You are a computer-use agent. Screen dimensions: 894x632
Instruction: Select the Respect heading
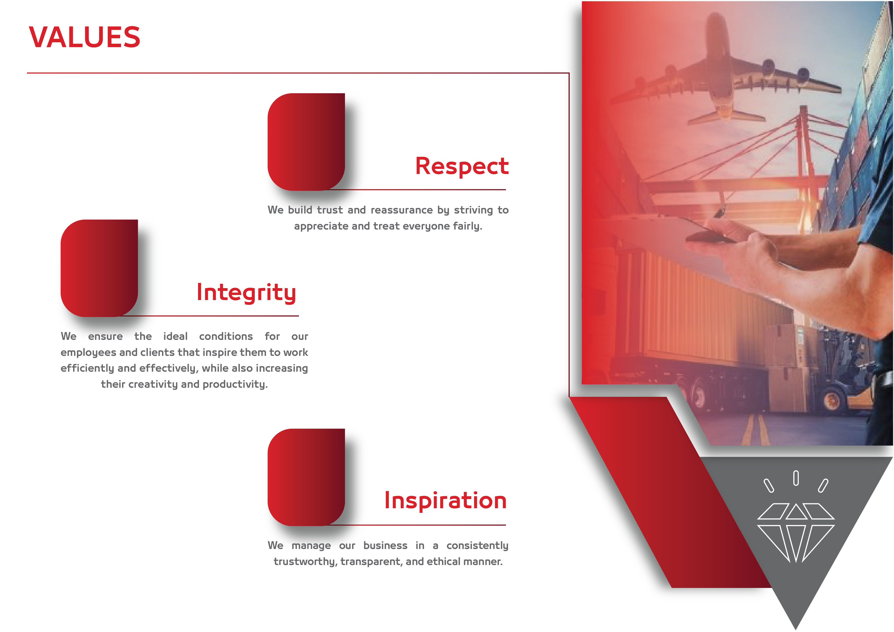(462, 167)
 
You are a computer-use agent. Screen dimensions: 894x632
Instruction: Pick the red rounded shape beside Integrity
(99, 268)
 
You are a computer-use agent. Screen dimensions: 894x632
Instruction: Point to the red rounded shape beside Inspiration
(306, 477)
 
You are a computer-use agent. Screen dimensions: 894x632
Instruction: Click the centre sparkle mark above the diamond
(796, 478)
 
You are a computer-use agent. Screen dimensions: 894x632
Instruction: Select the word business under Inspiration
(385, 546)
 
